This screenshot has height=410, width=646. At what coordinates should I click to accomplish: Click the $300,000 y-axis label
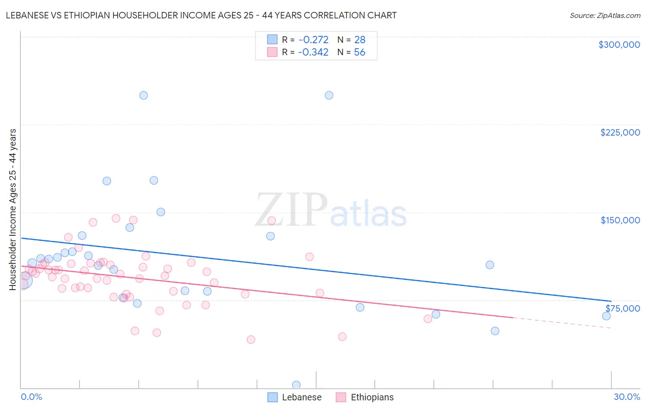point(619,45)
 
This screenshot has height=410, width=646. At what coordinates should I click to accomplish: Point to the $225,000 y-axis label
point(620,132)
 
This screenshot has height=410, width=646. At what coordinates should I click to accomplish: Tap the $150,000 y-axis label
point(620,220)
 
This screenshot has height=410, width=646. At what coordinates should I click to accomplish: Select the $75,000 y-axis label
point(623,308)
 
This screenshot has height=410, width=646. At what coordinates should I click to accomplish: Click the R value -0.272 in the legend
point(313,40)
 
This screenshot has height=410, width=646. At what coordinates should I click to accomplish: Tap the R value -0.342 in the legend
point(313,52)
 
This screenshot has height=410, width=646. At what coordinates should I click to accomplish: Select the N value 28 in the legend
point(360,40)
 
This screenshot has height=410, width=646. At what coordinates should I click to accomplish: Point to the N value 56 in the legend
point(360,52)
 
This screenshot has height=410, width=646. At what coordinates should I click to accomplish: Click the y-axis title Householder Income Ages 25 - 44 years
point(13,210)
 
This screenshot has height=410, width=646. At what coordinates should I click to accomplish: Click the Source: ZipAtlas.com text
point(605,16)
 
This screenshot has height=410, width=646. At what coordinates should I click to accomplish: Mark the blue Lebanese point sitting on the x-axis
point(296,385)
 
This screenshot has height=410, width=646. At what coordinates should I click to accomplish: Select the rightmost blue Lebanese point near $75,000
point(606,316)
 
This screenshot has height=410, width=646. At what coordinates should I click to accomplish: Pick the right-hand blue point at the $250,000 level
point(329,96)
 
